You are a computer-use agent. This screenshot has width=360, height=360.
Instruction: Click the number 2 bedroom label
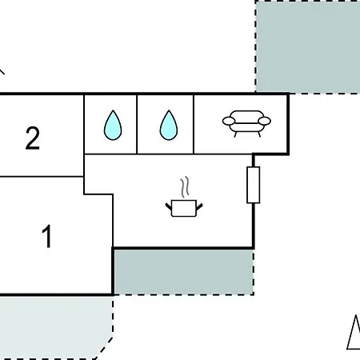click(33, 138)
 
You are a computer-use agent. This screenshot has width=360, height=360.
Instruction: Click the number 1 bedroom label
click(47, 236)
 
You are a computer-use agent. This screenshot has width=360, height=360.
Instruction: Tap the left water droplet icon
click(113, 125)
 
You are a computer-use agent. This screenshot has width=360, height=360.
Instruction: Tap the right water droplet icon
click(169, 125)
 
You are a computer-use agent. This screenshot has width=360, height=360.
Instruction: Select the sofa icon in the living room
click(246, 123)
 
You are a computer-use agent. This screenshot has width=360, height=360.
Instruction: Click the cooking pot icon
click(184, 208)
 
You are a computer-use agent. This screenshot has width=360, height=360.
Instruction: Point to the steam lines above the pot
click(185, 186)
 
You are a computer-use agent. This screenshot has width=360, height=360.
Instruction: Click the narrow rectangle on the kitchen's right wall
click(254, 185)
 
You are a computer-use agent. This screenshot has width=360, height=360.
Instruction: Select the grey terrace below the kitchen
click(183, 272)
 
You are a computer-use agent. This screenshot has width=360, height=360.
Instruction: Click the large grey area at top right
click(308, 46)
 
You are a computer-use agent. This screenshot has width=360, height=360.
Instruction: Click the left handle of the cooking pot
click(169, 206)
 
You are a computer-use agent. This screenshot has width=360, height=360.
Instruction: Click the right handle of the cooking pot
click(199, 206)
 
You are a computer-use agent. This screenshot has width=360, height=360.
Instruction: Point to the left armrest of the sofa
click(229, 121)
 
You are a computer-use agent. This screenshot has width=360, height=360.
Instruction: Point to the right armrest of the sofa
click(265, 121)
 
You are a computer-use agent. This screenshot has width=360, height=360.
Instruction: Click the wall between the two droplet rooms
click(137, 124)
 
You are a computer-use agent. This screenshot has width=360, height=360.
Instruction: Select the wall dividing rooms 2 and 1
click(42, 176)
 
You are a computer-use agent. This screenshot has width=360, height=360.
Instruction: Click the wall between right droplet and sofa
click(194, 124)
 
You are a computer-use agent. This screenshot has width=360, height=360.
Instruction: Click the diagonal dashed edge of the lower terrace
click(104, 348)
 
